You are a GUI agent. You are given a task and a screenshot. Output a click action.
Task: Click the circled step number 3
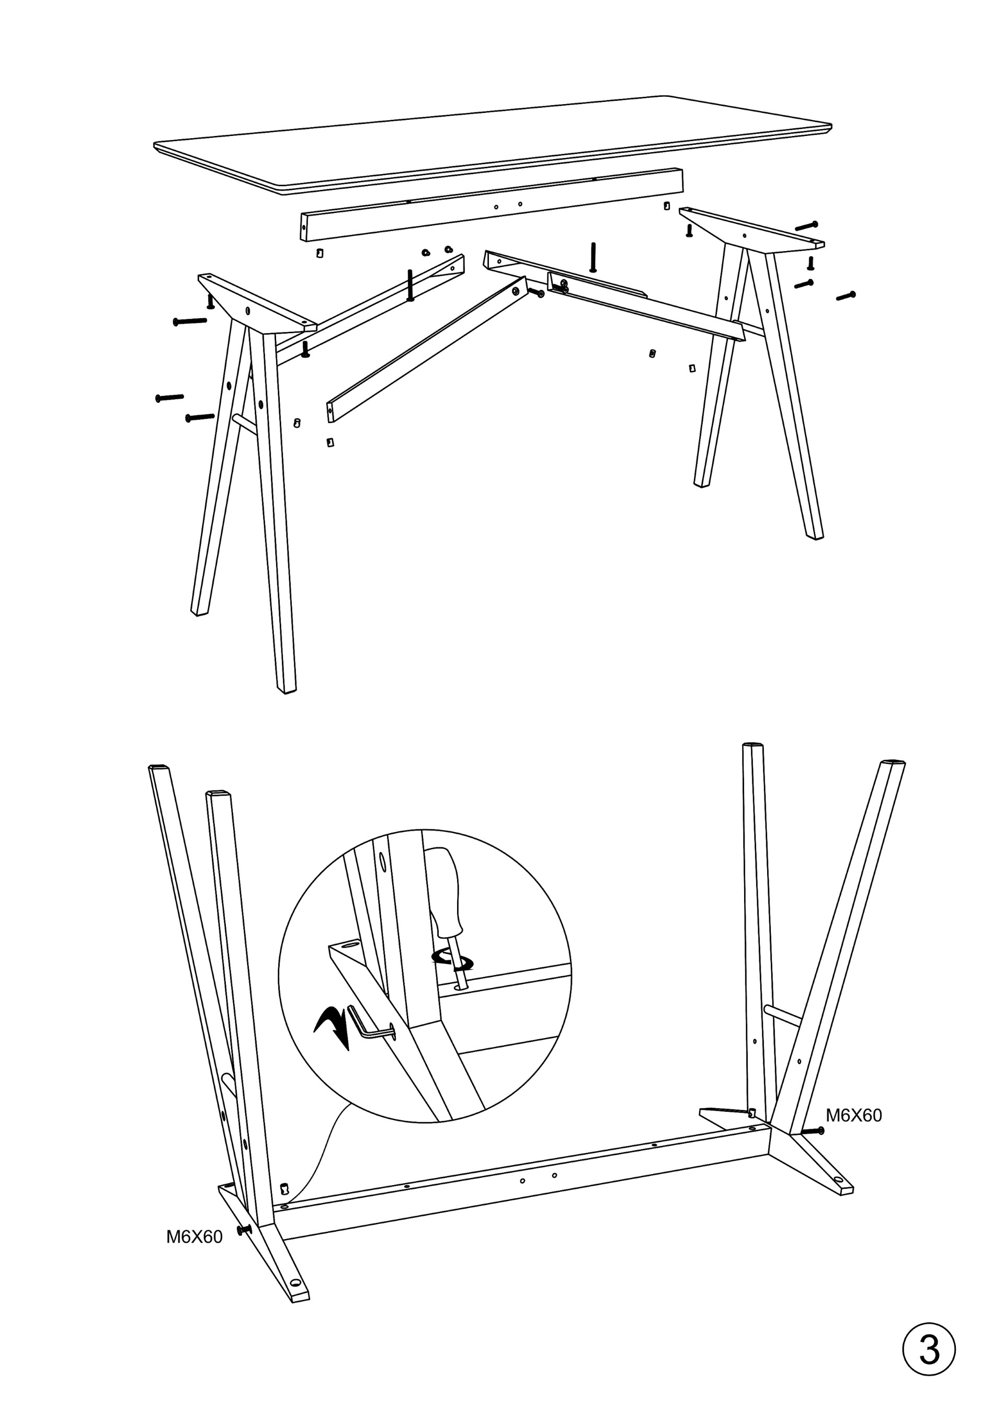(929, 1349)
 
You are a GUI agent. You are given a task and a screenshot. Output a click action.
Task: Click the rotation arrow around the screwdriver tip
(452, 960)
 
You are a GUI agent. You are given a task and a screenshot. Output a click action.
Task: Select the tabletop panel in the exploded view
(493, 145)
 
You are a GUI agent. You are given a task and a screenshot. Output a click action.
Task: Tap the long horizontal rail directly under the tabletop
(492, 204)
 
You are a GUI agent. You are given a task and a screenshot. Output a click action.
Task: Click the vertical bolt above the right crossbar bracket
(593, 257)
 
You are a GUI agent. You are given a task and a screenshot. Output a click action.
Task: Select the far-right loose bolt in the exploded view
(846, 296)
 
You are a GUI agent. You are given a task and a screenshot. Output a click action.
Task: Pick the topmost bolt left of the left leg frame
(190, 321)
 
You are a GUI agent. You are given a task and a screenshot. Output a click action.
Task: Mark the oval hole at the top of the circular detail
(381, 861)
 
